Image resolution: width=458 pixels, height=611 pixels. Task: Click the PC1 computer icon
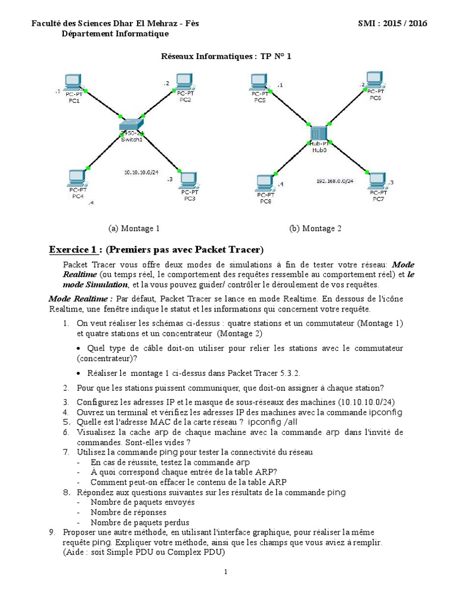point(73,82)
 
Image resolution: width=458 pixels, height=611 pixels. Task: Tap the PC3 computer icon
point(188,180)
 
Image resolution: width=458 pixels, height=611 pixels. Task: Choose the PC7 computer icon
point(377,181)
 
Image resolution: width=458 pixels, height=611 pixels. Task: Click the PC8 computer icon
point(265,183)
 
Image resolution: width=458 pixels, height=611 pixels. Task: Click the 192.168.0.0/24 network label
point(334,180)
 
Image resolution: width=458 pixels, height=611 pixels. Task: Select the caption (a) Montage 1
point(134,229)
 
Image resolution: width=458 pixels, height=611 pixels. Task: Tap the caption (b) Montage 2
point(315,229)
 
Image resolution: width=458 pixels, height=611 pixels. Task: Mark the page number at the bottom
point(226,572)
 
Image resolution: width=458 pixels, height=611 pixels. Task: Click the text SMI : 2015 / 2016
point(392,23)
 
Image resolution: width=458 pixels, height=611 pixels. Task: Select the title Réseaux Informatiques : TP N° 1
point(227,57)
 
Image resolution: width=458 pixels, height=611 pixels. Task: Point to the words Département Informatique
point(115,34)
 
